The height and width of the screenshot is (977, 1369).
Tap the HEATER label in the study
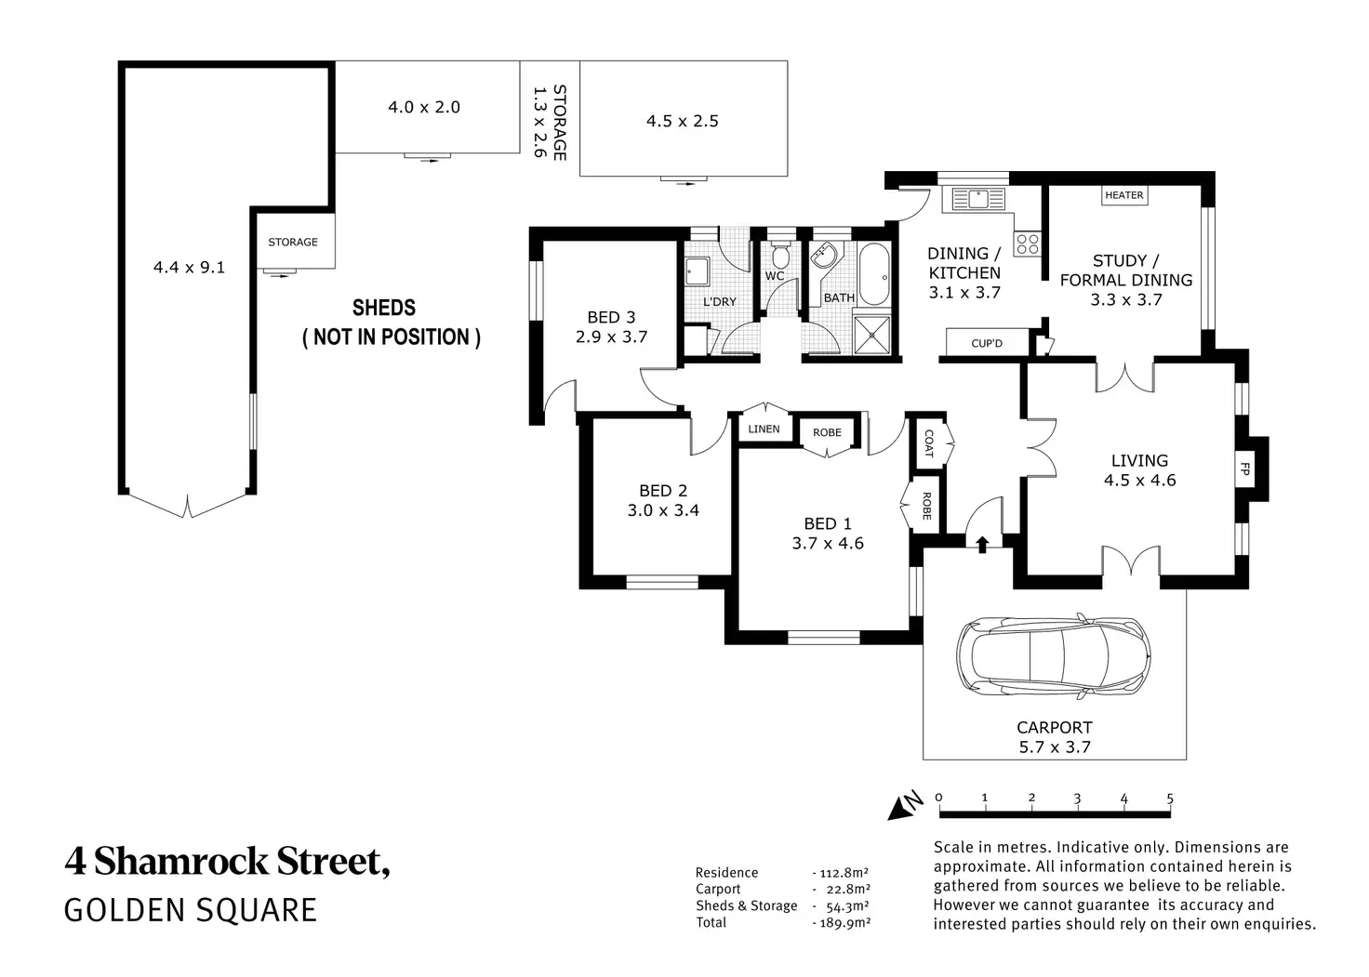click(1123, 195)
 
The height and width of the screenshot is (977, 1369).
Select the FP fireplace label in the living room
click(1244, 469)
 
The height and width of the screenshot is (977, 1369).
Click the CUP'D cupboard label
click(987, 343)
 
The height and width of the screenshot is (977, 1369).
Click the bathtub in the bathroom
click(873, 273)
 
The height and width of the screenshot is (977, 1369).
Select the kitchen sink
click(977, 198)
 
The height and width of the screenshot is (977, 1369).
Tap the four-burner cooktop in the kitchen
click(1027, 244)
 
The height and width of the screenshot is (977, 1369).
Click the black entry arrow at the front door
click(983, 544)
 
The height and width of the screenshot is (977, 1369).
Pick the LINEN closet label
click(764, 429)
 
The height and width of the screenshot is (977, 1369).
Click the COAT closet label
click(928, 442)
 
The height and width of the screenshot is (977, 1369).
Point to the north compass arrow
click(903, 806)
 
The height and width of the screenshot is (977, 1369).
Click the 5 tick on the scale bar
click(1170, 799)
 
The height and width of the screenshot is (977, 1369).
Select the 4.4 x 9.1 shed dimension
click(189, 268)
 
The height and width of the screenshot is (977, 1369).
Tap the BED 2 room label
click(662, 491)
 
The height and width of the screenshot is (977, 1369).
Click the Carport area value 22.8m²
click(845, 890)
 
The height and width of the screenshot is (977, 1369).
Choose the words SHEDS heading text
click(383, 308)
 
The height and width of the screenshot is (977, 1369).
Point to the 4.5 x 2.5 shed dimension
click(682, 121)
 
